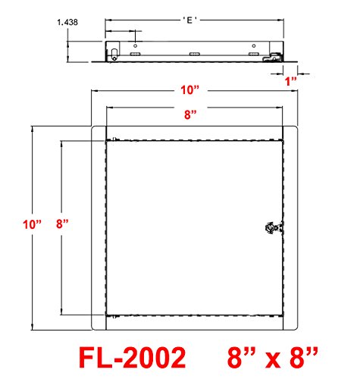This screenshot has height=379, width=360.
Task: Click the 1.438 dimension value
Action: (67, 22)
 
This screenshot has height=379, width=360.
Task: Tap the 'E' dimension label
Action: (190, 20)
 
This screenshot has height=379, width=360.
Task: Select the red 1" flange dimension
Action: (291, 81)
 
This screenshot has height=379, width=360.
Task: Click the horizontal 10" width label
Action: (190, 90)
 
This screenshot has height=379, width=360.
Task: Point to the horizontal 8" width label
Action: (190, 114)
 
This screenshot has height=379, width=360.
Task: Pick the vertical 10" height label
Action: (32, 224)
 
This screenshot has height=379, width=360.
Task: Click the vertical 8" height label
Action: (62, 224)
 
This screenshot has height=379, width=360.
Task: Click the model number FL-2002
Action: (133, 358)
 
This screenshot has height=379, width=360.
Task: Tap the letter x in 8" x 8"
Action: (273, 360)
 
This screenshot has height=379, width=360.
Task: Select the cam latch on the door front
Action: (274, 228)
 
